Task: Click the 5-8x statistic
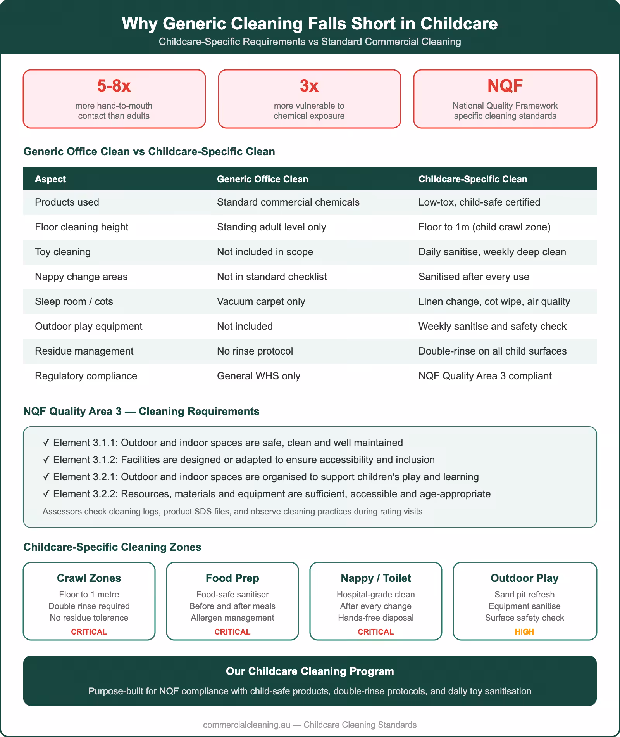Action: (114, 86)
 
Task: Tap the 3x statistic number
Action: (309, 86)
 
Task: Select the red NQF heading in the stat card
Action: (505, 86)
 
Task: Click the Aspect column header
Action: (50, 179)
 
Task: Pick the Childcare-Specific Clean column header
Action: (473, 179)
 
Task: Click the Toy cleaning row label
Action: (63, 252)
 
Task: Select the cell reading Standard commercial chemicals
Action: (288, 202)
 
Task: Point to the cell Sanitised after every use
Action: (474, 277)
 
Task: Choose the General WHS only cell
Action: (258, 376)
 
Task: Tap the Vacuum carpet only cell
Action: (261, 301)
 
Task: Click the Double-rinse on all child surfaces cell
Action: (492, 351)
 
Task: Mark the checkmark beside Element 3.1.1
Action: (46, 443)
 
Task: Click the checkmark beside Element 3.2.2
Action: (46, 494)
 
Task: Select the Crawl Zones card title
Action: (89, 578)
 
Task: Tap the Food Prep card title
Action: (232, 578)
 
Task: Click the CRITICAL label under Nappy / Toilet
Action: (375, 632)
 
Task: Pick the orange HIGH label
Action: (524, 632)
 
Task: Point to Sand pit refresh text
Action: (524, 594)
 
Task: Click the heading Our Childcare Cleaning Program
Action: (310, 671)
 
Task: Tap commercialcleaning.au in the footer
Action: (246, 725)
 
